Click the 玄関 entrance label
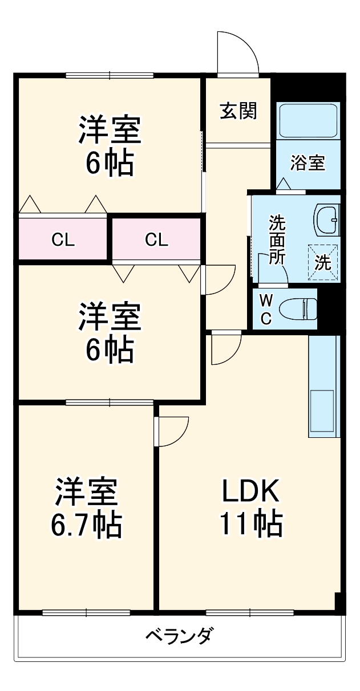point(238,111)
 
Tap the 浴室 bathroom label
point(308,163)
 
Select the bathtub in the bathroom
point(309,120)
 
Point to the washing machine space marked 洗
point(322,262)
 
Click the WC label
point(266,310)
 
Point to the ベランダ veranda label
point(180,635)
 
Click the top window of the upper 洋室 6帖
point(110,75)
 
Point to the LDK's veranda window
point(250,613)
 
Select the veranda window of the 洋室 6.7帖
point(86,613)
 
